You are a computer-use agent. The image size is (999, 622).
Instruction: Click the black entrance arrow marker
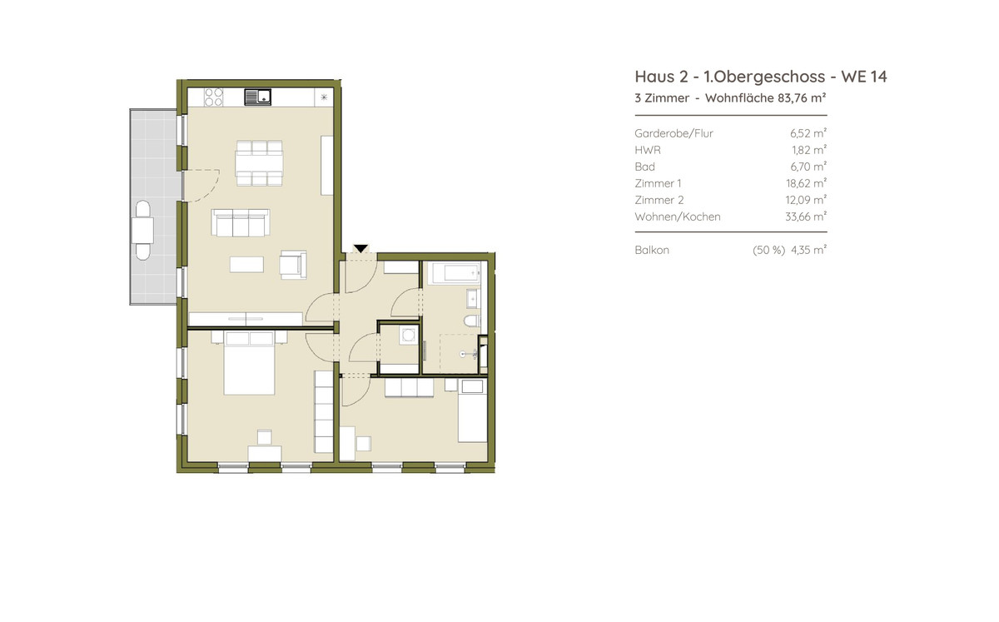[360, 248]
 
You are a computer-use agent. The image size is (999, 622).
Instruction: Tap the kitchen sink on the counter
[258, 97]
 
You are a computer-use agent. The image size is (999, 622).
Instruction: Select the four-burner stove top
[213, 97]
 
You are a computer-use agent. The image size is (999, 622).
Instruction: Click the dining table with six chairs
[259, 163]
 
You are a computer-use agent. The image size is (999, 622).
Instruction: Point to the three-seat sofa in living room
[241, 222]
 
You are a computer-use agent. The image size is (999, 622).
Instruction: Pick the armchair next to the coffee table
[293, 265]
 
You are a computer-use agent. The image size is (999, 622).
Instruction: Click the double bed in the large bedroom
[249, 363]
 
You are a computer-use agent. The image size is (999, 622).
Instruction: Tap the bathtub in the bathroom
[455, 272]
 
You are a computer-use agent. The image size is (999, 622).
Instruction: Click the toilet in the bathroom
[472, 321]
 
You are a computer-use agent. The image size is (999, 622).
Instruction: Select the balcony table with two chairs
[142, 231]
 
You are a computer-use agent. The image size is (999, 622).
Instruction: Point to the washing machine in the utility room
[408, 335]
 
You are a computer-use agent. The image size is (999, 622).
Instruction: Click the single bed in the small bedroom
[472, 411]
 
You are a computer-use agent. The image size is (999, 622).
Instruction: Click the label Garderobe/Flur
[673, 133]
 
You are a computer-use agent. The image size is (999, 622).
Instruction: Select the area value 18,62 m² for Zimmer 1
[806, 183]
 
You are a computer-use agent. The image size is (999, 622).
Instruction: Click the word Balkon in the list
[652, 250]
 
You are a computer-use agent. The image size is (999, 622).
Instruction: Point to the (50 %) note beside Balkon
[768, 250]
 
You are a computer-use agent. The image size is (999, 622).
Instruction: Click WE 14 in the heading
[864, 77]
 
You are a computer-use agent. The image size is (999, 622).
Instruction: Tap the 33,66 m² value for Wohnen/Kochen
[806, 216]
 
